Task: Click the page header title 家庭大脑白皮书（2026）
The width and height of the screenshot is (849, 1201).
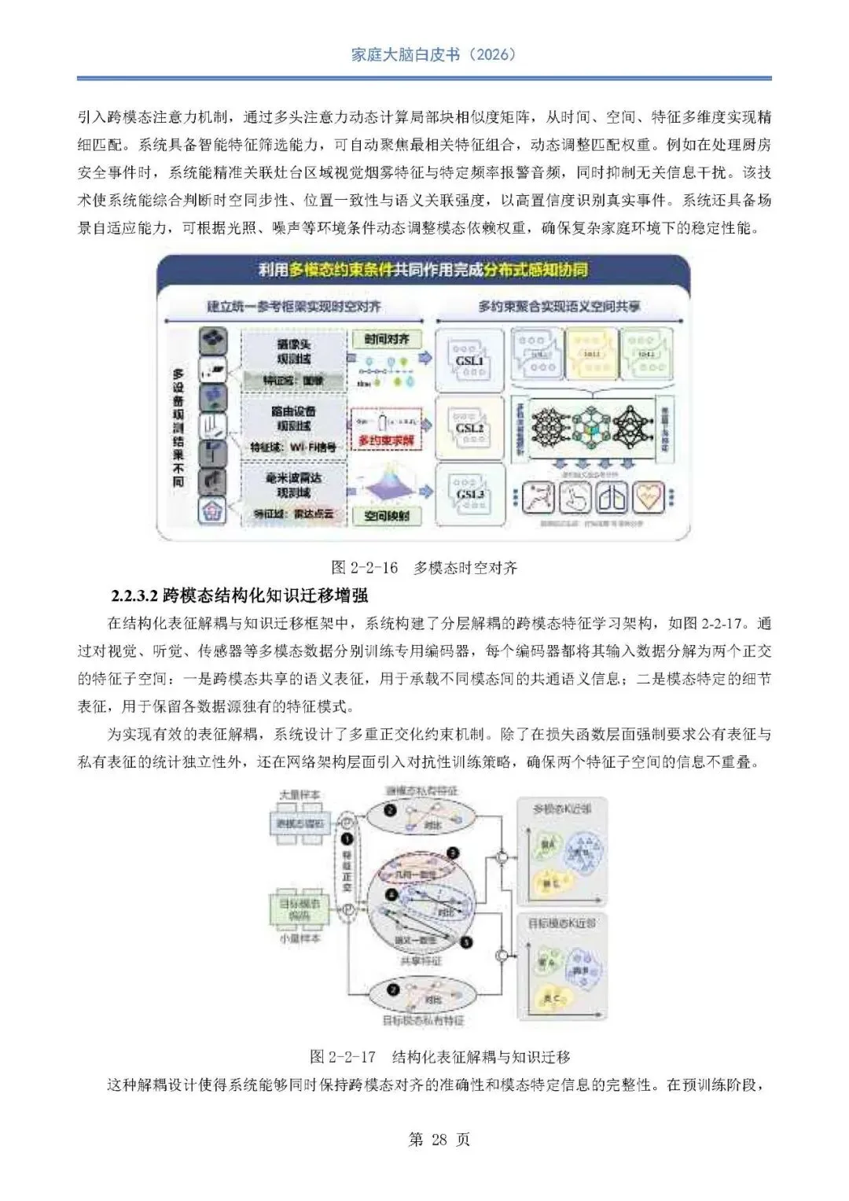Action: (x=433, y=54)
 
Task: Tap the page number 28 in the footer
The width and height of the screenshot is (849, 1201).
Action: (x=439, y=1140)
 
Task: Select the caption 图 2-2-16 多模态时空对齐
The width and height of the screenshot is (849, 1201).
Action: (x=424, y=567)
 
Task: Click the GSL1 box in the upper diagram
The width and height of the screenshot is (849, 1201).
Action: (x=469, y=361)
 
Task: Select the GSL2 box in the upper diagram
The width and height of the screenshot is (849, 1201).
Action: (x=469, y=428)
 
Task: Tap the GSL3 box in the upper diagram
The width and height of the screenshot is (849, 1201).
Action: (x=469, y=496)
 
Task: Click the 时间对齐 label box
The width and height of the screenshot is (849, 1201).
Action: (x=387, y=339)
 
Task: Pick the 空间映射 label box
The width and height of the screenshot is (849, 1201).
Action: (x=387, y=517)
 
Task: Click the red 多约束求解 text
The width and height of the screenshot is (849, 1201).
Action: (x=386, y=441)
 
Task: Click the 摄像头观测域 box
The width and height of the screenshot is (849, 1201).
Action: (x=294, y=352)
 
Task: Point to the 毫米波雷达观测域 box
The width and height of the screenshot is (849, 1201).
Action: (x=294, y=485)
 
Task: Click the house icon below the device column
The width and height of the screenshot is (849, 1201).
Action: (x=211, y=513)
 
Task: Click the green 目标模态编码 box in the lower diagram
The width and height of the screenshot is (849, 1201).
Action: (x=300, y=909)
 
